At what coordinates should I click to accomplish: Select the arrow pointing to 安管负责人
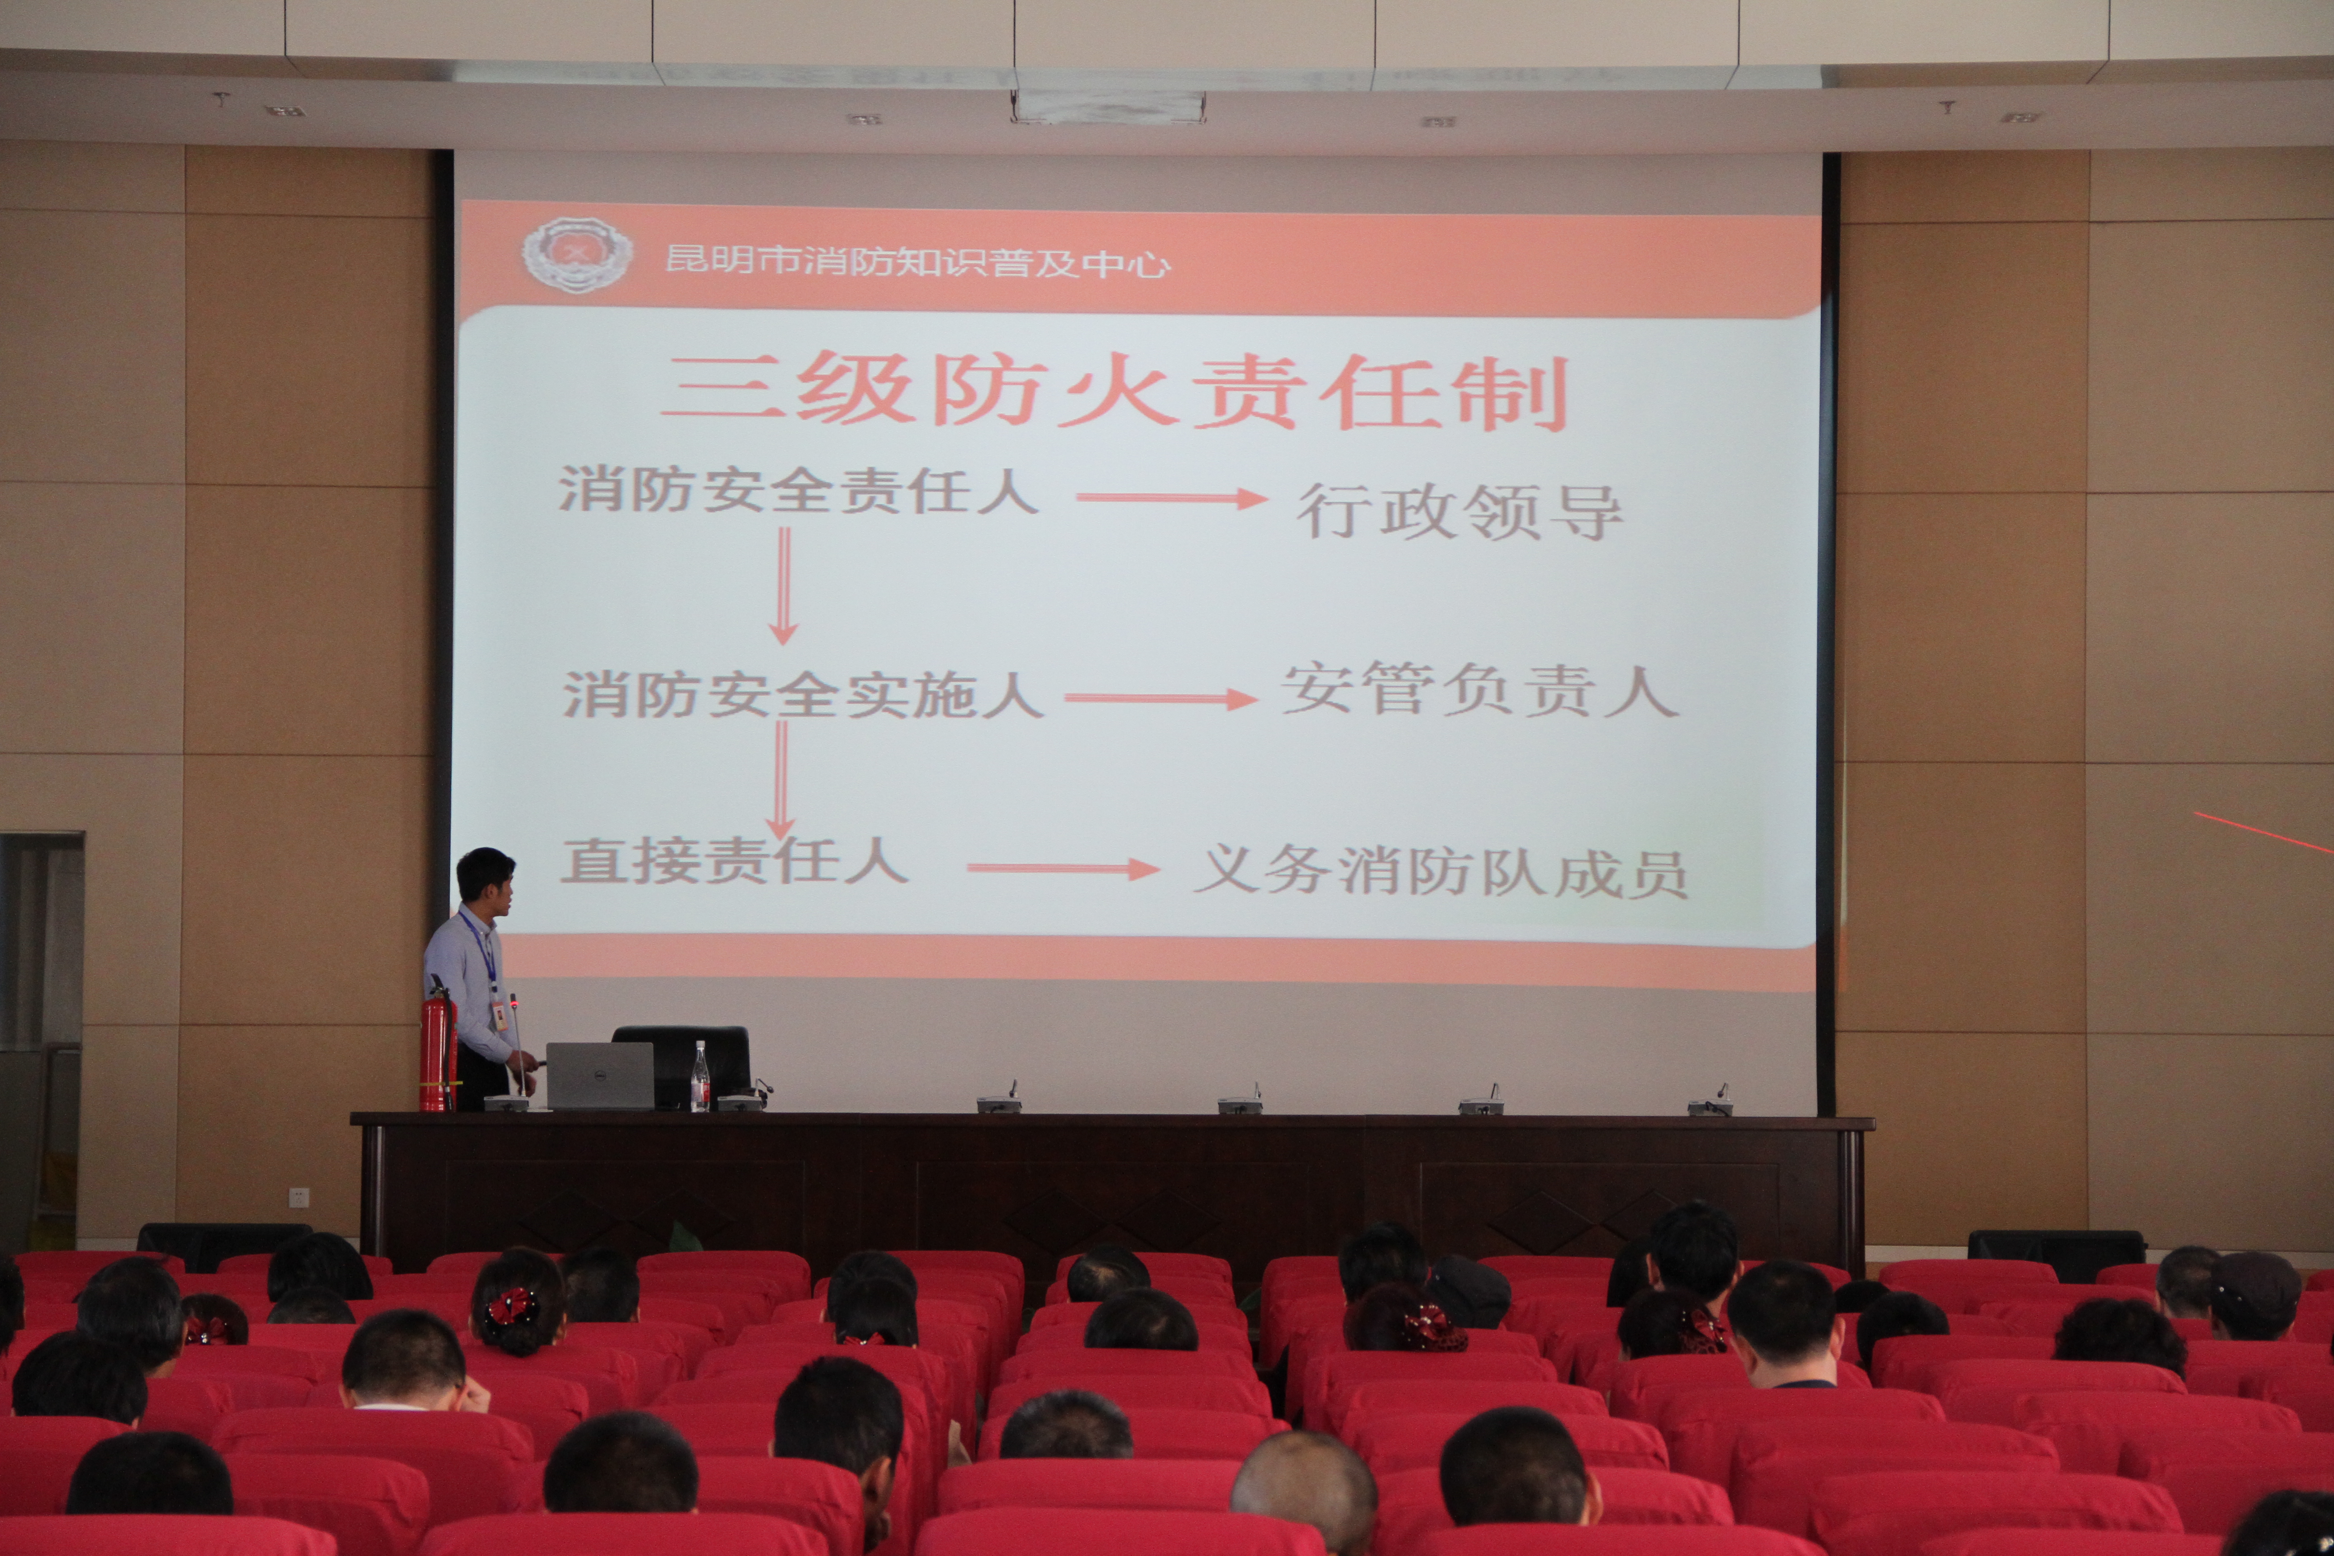click(1161, 699)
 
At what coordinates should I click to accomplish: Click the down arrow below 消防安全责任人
click(784, 585)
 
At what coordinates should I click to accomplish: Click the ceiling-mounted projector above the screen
click(1108, 105)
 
